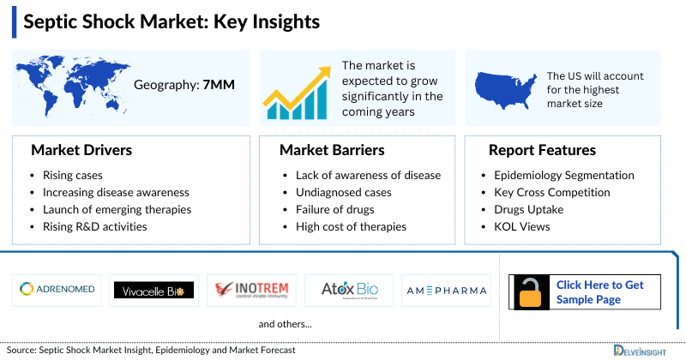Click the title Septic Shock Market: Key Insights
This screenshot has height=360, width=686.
[x=171, y=21]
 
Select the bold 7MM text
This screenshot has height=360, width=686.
[x=219, y=85]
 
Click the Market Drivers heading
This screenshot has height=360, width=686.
[x=81, y=151]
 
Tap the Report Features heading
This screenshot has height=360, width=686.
[x=542, y=151]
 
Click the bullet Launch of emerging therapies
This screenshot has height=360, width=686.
[x=117, y=209]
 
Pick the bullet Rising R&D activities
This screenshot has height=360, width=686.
[x=94, y=226]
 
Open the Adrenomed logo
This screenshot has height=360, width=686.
[x=57, y=290]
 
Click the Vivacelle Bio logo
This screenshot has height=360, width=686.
[x=154, y=290]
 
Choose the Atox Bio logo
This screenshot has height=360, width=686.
[x=349, y=290]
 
